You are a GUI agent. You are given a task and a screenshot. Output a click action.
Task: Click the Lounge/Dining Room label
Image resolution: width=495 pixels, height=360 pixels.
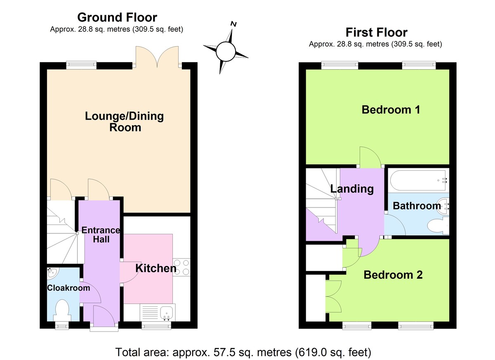(124, 122)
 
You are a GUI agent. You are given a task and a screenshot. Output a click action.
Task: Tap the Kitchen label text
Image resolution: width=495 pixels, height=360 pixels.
(156, 268)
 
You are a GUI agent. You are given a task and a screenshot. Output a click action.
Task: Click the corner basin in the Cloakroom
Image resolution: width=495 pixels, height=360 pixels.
(52, 272)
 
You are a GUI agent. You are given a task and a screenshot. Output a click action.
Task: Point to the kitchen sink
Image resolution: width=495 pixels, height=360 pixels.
(167, 312)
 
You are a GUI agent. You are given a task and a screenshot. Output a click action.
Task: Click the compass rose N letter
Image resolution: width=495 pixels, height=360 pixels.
(233, 24)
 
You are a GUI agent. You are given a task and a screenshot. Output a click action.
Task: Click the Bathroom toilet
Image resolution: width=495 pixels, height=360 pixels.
(437, 226)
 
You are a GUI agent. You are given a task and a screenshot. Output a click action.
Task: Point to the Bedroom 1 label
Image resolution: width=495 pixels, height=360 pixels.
(391, 110)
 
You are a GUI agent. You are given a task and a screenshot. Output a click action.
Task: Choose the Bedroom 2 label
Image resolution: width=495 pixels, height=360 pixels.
(393, 275)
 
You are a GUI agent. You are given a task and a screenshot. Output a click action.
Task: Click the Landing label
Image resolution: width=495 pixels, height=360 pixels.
(352, 189)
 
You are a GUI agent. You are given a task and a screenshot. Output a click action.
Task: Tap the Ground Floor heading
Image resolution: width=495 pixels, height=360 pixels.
(117, 17)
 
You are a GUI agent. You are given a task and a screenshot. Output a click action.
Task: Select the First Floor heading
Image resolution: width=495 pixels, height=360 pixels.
(376, 32)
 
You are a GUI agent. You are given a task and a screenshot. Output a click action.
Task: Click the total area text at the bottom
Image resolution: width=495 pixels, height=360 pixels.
(243, 352)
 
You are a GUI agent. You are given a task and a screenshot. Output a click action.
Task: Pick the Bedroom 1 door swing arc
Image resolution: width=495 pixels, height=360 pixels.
(368, 157)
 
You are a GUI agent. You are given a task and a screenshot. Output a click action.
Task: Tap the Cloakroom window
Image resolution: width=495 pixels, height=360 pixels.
(62, 326)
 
